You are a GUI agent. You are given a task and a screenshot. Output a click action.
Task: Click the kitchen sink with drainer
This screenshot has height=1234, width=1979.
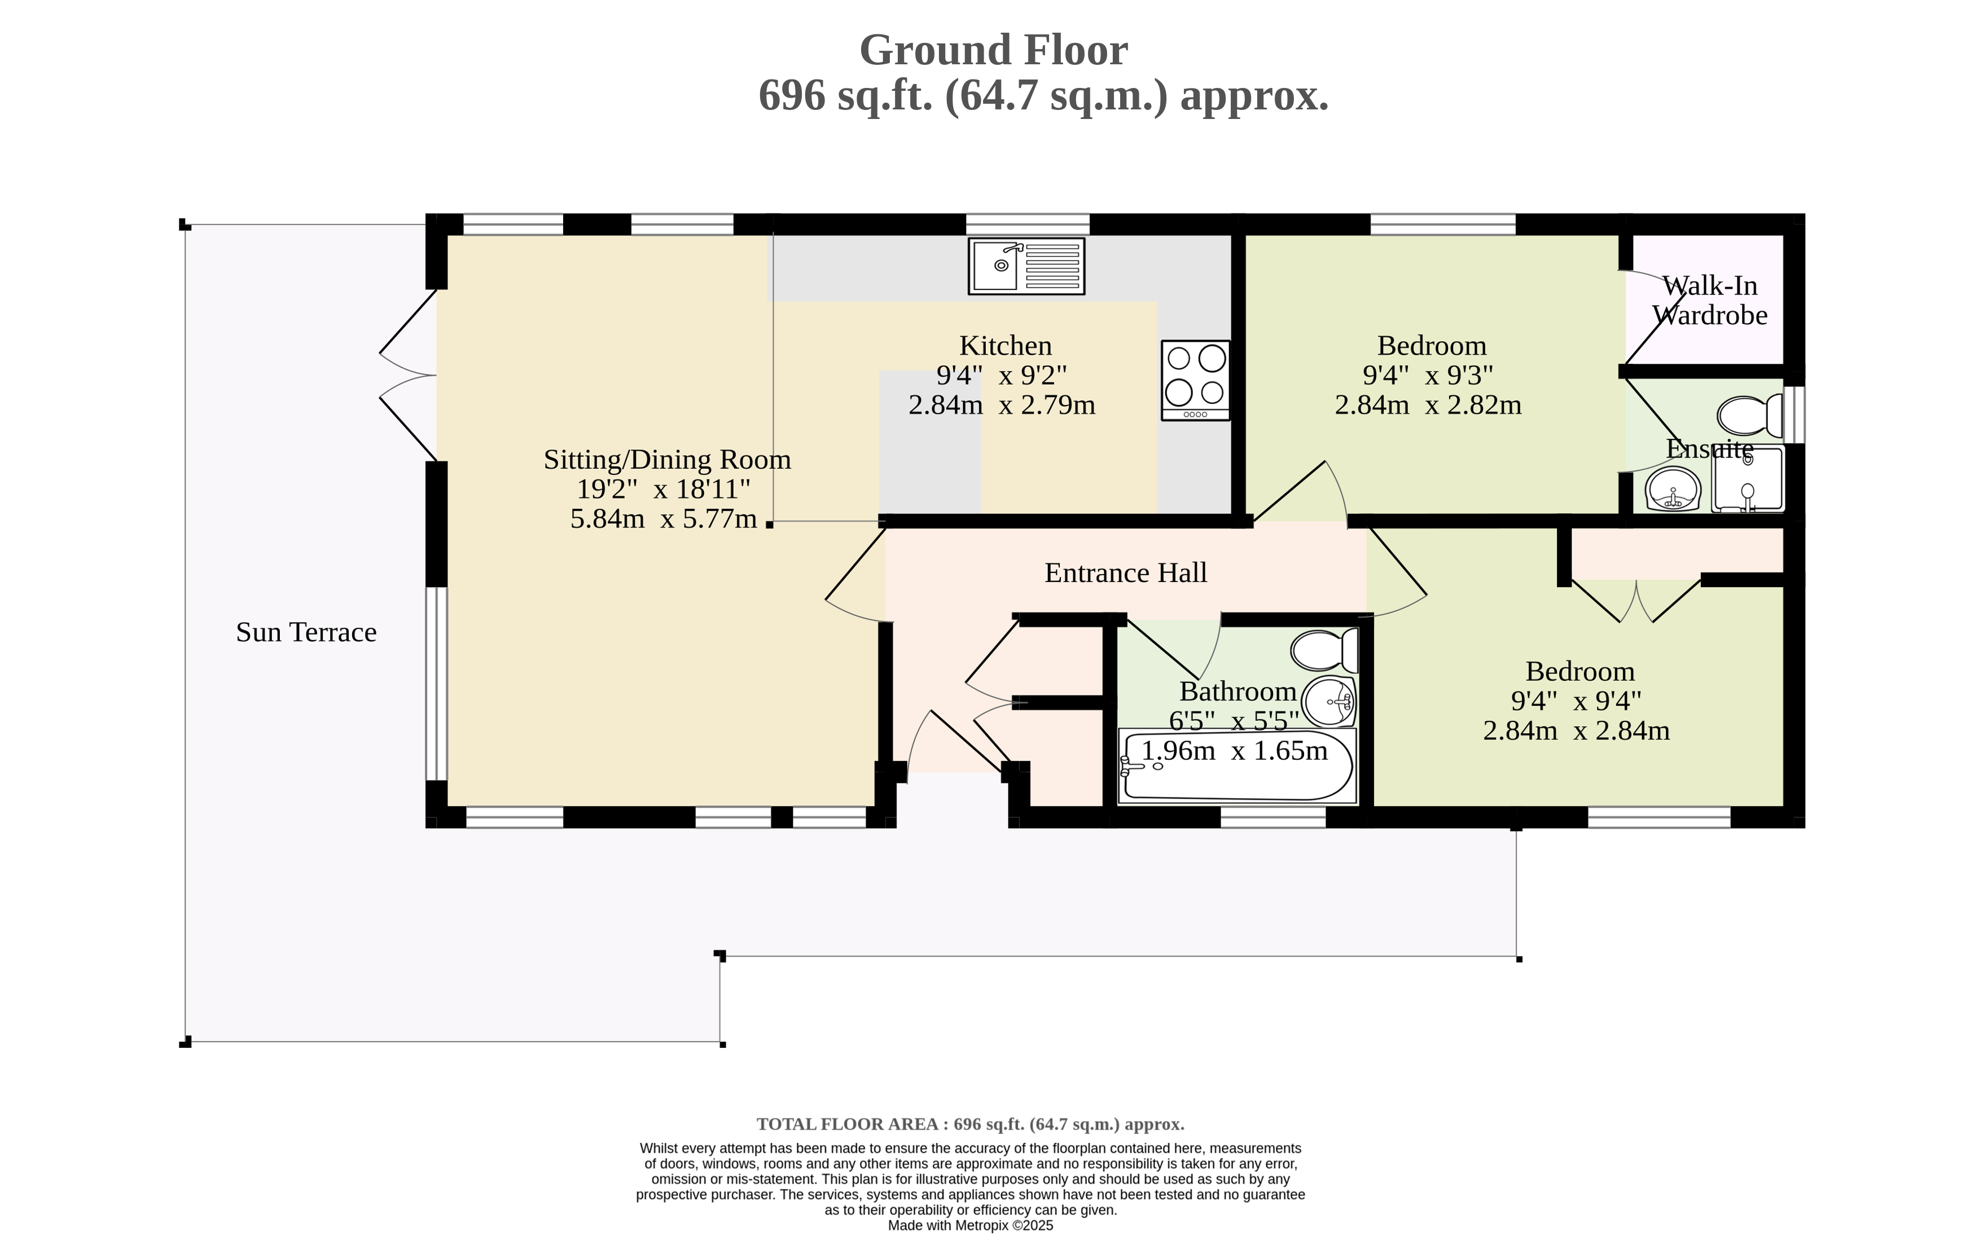point(1026,266)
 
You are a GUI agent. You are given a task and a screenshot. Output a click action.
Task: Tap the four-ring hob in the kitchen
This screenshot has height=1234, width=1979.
point(1195,380)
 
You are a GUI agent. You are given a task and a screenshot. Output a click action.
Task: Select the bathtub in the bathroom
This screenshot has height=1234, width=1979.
point(1238,765)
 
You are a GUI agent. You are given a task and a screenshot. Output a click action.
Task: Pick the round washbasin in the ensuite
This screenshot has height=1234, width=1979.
point(1674,489)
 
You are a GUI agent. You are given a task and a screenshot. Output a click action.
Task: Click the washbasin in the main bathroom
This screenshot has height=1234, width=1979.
point(1329,701)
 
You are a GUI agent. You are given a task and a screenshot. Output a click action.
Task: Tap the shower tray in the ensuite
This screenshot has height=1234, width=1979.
point(1748,478)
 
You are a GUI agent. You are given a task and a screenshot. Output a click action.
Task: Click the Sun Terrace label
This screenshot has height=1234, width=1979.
point(306,632)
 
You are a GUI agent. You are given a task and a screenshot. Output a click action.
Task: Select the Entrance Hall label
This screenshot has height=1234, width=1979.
point(1126,573)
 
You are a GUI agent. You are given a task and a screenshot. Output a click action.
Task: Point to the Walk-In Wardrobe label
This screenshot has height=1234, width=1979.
point(1710,301)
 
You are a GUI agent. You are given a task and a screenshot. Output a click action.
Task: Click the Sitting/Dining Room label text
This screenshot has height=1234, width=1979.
point(667,460)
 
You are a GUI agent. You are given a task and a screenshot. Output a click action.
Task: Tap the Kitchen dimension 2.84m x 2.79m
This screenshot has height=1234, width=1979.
point(1002,405)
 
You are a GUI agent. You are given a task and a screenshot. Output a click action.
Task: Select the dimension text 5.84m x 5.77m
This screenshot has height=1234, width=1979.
point(664,519)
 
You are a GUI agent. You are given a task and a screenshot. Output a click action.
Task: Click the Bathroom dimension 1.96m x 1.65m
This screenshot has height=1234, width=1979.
point(1235,751)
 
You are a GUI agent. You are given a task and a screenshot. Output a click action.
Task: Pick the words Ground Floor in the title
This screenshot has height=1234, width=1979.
point(994,51)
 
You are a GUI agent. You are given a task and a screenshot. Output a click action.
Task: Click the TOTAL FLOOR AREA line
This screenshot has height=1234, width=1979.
point(970,1125)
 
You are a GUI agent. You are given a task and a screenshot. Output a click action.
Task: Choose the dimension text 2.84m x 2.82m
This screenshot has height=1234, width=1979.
point(1428,405)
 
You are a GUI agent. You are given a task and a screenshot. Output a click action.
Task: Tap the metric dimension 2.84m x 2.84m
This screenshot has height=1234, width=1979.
point(1577,730)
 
